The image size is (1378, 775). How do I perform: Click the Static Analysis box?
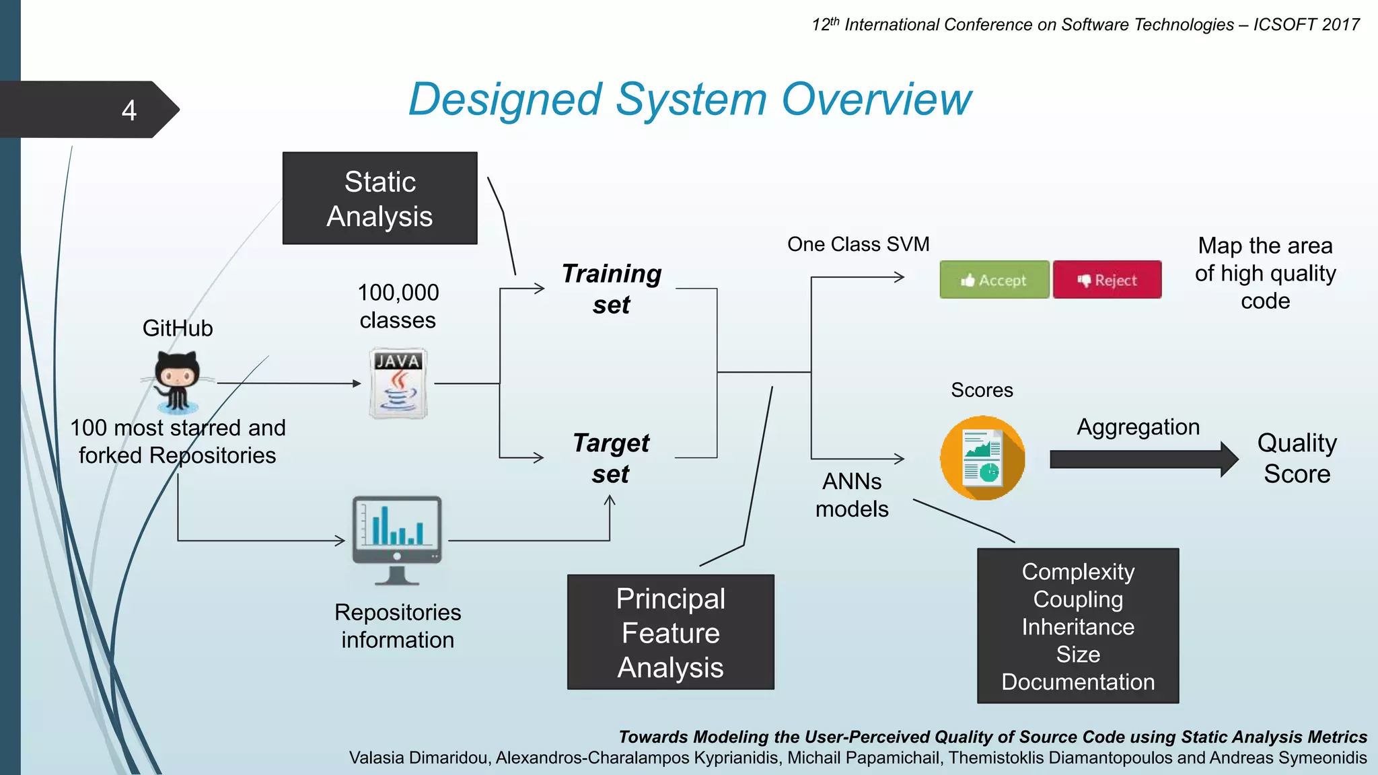[x=379, y=198]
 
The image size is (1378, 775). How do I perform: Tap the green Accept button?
[x=994, y=280]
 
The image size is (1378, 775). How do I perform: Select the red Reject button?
[x=1107, y=280]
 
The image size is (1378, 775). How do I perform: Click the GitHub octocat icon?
[x=177, y=381]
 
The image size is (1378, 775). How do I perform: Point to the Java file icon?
[x=398, y=383]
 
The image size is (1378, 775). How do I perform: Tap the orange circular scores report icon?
[x=982, y=458]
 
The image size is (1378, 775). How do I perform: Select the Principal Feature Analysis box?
[x=670, y=632]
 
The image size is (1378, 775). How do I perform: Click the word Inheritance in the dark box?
[x=1078, y=627]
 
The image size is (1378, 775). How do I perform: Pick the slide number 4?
[x=129, y=110]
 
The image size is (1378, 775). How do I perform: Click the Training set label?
[x=611, y=289]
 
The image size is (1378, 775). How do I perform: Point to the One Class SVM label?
[x=858, y=244]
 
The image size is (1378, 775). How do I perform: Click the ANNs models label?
[x=852, y=495]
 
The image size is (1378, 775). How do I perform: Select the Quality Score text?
[x=1297, y=458]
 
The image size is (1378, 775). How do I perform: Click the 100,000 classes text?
[x=398, y=306]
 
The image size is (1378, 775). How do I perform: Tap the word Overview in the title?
[x=876, y=100]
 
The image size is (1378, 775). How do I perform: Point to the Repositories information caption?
[x=398, y=626]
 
